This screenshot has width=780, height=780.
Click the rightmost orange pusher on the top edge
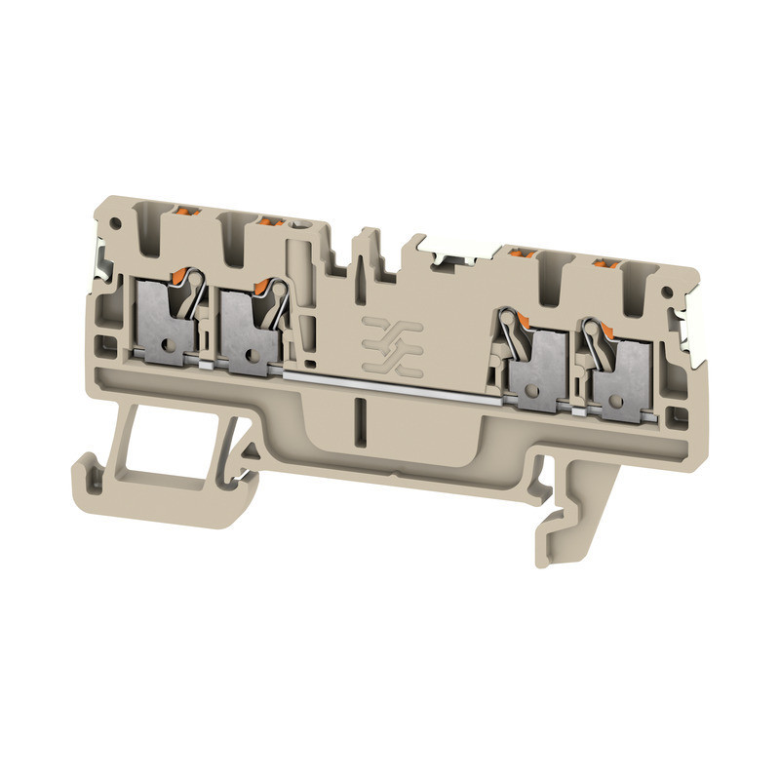[608, 262]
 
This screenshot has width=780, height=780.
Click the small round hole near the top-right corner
[667, 293]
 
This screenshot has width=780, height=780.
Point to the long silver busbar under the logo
[390, 382]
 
